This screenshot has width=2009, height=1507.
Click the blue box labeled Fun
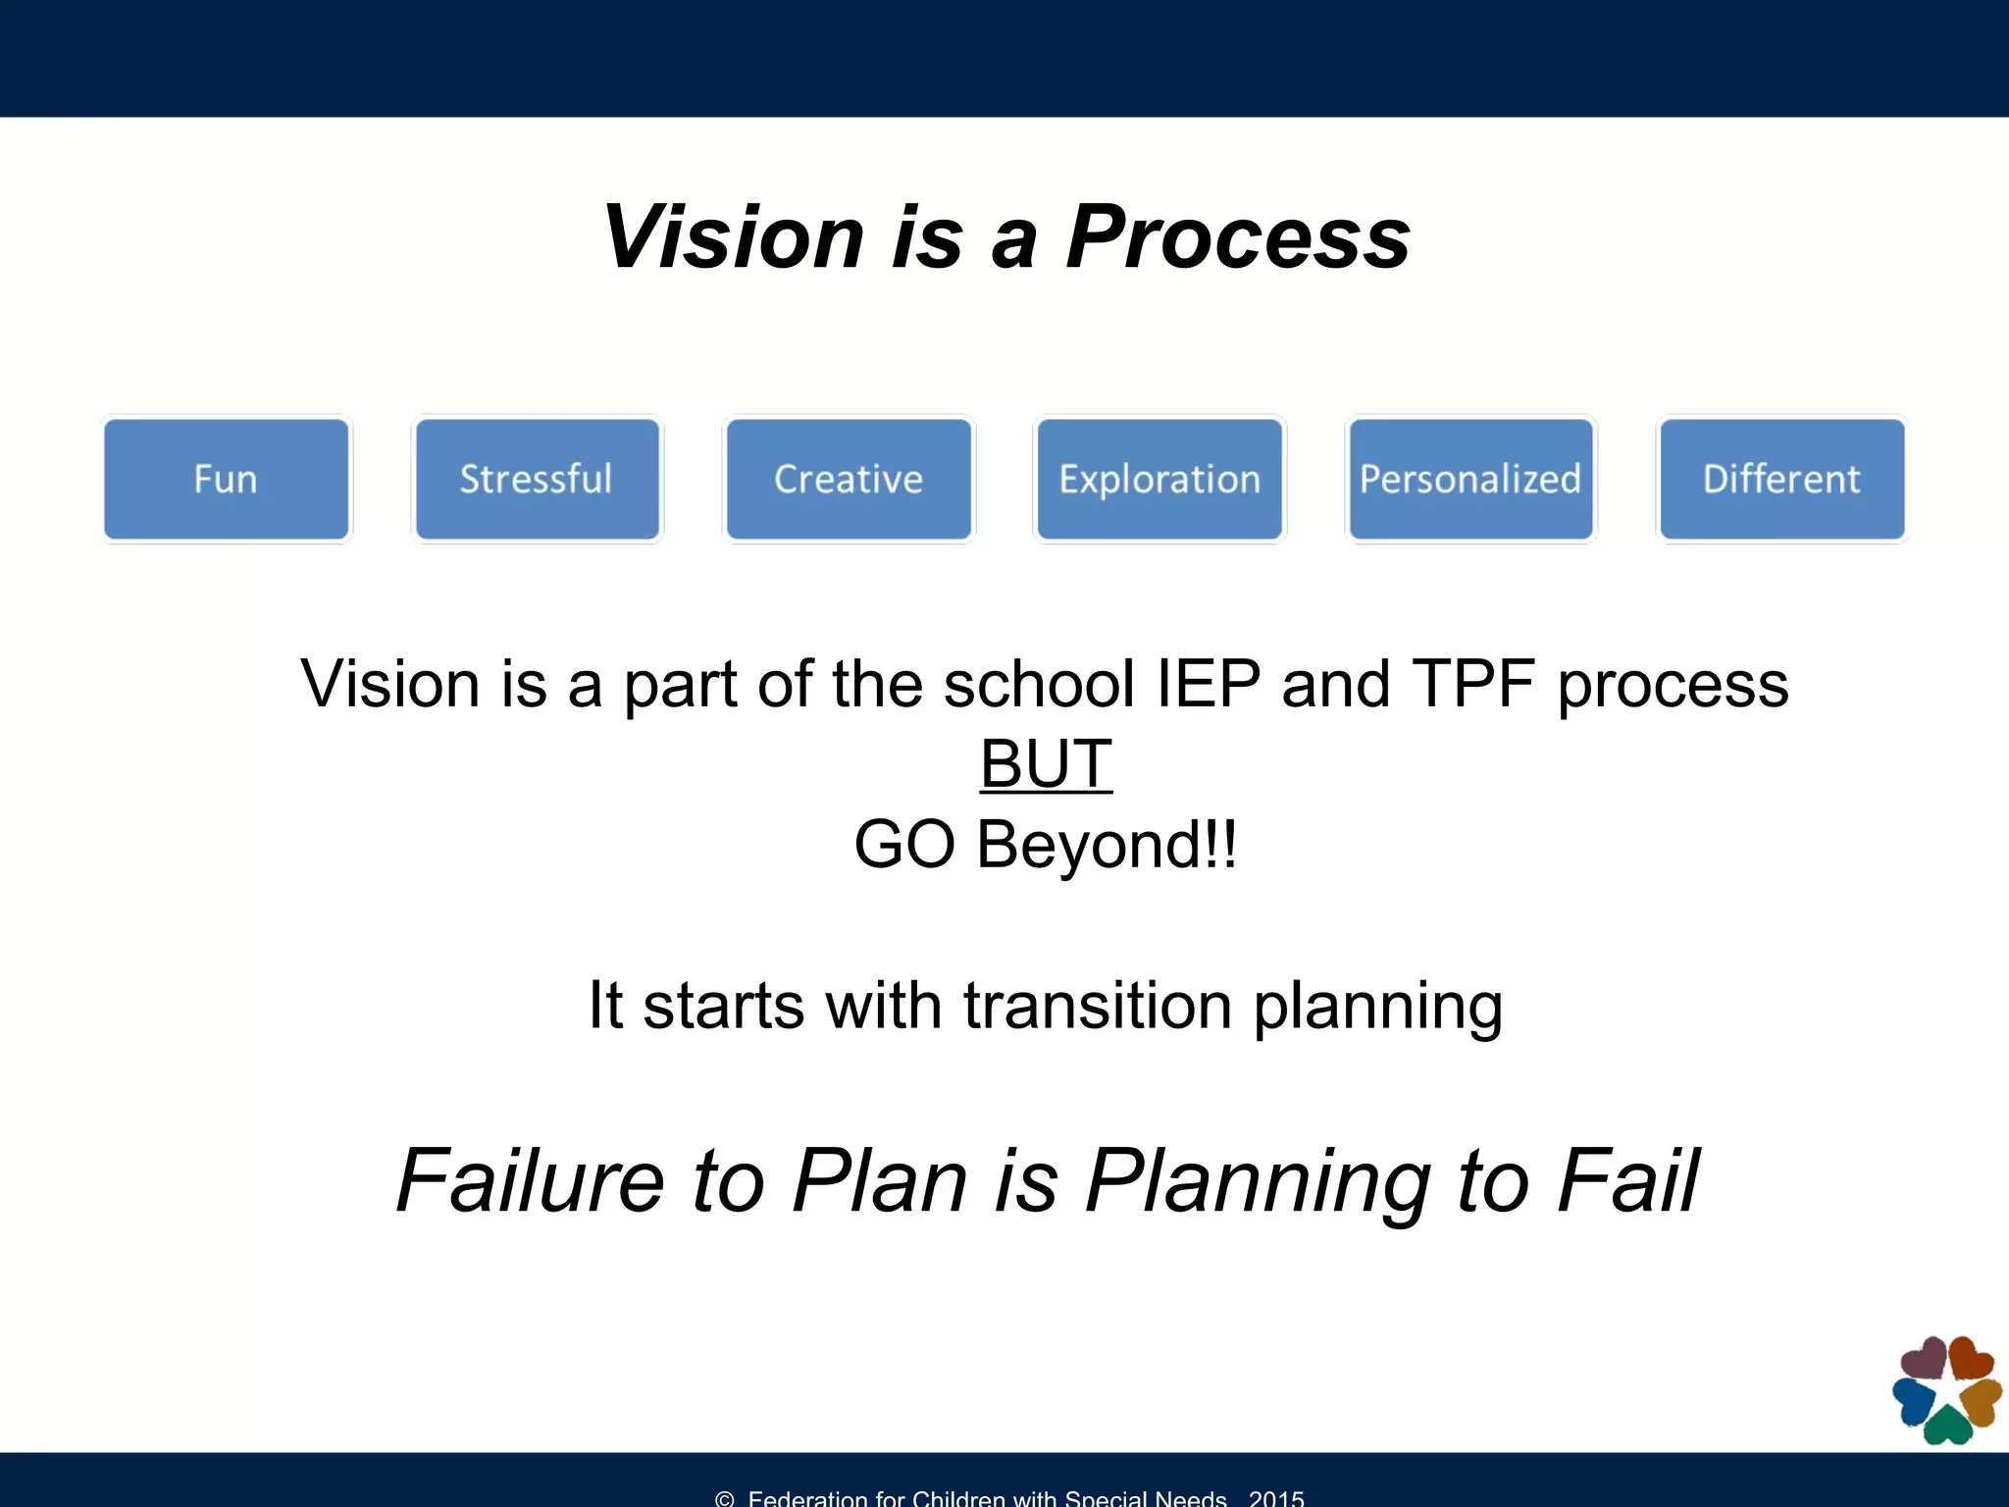coord(227,480)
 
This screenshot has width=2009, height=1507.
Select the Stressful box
coord(537,480)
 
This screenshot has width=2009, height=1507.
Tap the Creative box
coord(849,480)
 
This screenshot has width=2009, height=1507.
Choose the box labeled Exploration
coord(1159,480)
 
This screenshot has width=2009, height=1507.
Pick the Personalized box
coord(1470,480)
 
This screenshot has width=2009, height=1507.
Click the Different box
coord(1781,480)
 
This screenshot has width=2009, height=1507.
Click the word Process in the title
coord(1238,237)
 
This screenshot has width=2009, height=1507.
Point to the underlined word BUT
coord(1046,764)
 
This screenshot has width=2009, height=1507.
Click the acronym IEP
coord(1208,684)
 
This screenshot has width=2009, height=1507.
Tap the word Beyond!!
coord(1107,845)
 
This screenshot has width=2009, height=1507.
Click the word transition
coord(1098,1006)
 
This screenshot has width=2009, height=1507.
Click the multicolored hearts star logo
coord(1947,1391)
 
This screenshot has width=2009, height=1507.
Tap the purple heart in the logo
coord(1925,1360)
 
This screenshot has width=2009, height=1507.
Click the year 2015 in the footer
coord(1276,1498)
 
